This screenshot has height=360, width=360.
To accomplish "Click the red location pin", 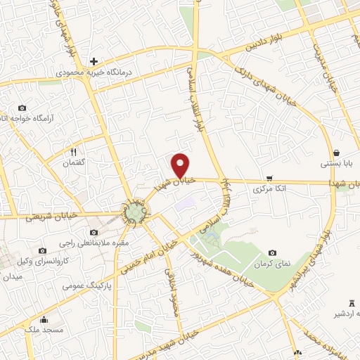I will (181, 164).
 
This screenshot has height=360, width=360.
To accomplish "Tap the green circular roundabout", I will (135, 211).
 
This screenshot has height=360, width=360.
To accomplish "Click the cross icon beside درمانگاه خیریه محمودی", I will (94, 61).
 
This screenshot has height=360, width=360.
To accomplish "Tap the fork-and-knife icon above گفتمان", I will (72, 151).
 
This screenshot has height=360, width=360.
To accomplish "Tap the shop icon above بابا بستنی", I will (337, 153).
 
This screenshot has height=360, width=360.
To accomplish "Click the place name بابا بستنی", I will (335, 164).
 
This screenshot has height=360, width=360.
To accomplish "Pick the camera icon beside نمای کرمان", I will (272, 253).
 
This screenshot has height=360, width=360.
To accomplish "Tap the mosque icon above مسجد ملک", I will (44, 319).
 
